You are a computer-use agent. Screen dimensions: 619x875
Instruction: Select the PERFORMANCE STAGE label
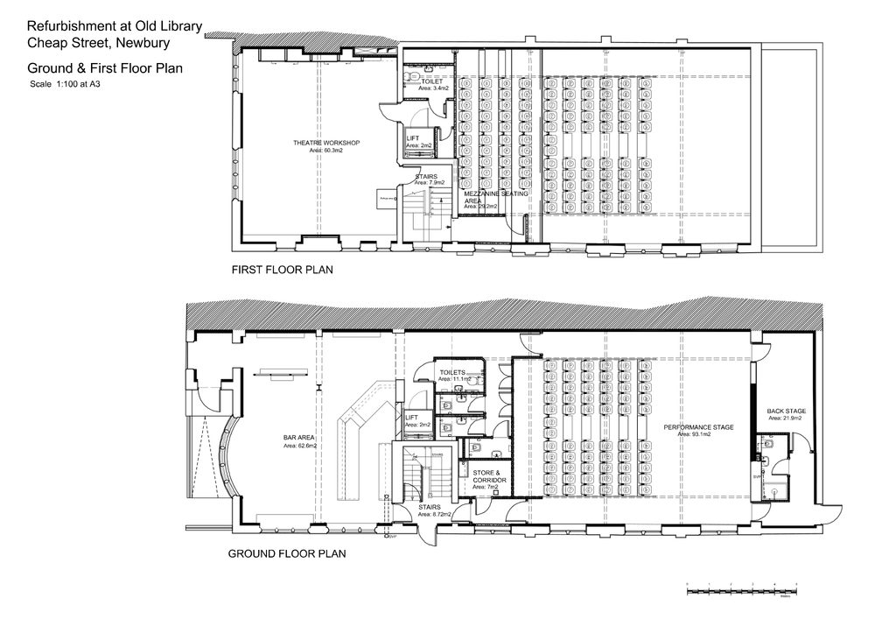tap(697, 426)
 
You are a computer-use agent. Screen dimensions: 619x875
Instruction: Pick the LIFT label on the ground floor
tap(413, 418)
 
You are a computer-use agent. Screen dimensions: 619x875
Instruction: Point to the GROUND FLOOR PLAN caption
tap(287, 553)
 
